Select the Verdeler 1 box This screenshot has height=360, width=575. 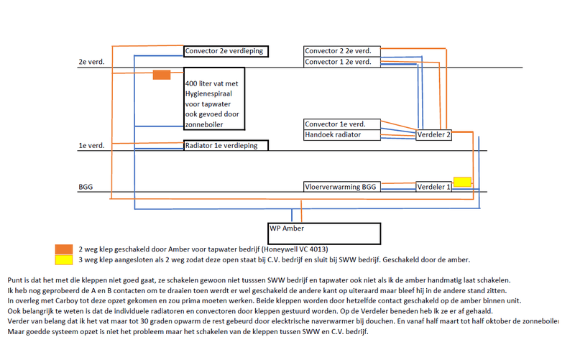[x=433, y=187]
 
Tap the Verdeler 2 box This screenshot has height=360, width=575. [x=433, y=134]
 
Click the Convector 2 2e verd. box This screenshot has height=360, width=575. [x=341, y=51]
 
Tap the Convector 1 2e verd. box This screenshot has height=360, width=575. [x=341, y=62]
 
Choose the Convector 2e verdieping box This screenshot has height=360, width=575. [x=226, y=51]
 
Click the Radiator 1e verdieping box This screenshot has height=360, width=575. [x=226, y=145]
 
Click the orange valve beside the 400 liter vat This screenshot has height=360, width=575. [x=162, y=75]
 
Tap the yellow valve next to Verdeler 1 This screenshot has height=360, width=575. [x=462, y=181]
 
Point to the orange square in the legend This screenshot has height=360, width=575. [x=64, y=248]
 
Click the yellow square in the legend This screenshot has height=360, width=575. [x=64, y=259]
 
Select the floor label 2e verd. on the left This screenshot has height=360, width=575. [x=92, y=63]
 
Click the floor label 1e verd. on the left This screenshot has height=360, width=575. [x=92, y=146]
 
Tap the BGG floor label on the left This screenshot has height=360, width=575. [x=86, y=187]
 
